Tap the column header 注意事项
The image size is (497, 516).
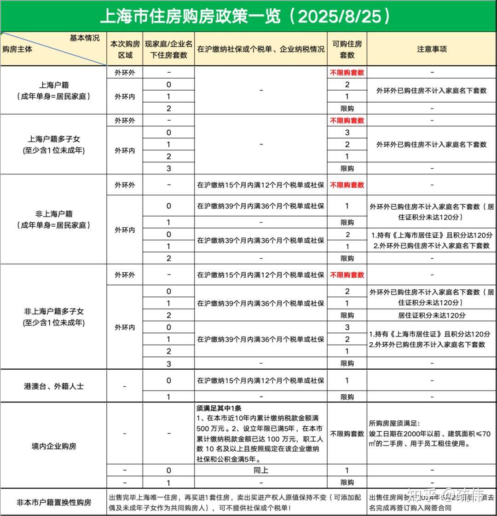[432, 49]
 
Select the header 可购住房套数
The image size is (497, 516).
[347, 49]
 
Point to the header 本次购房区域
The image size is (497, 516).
[125, 49]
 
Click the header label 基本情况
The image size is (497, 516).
[84, 38]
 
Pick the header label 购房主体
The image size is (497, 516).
[17, 50]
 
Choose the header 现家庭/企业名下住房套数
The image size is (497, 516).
[168, 49]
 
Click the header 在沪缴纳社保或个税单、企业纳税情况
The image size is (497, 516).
[260, 49]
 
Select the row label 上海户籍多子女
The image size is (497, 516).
[54, 139]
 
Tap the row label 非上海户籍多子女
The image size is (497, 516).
[54, 311]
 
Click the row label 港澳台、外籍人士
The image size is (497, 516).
[54, 386]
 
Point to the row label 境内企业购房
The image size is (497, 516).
[54, 446]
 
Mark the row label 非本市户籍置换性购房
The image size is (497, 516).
[54, 502]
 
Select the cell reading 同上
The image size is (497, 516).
[260, 470]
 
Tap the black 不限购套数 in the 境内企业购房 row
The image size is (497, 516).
[347, 434]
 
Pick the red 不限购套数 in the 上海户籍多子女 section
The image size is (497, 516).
[347, 120]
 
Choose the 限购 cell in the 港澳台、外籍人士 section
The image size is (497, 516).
[347, 397]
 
